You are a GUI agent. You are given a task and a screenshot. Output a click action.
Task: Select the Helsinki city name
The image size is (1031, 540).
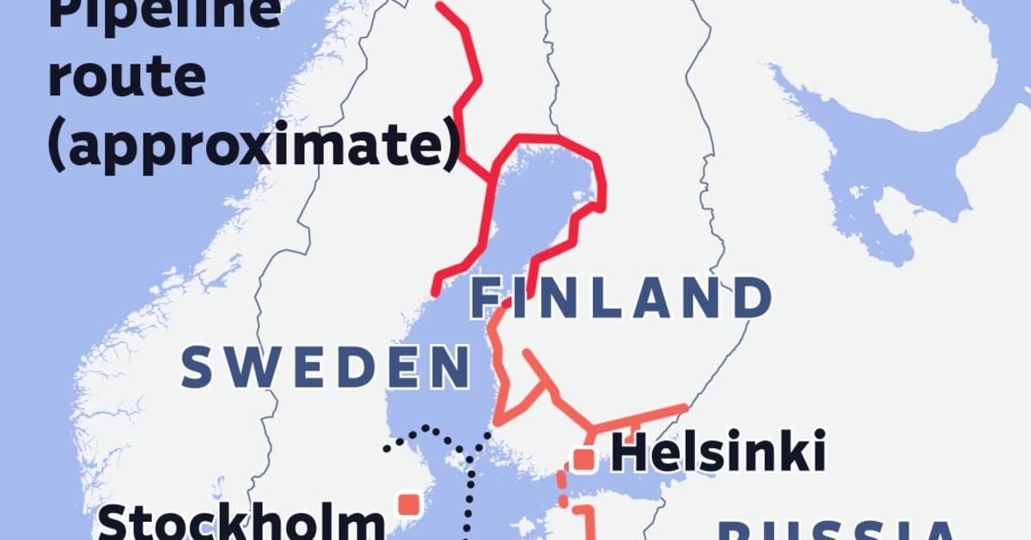pos(717,451)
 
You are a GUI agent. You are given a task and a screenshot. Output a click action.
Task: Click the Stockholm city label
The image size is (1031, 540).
pos(241,522)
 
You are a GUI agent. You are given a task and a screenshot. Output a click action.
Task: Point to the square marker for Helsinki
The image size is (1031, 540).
pos(584,460)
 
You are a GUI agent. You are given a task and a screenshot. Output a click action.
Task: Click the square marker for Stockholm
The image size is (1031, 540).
pos(409,503)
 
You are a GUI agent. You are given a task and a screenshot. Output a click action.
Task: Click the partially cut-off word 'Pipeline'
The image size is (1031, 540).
pos(163,12)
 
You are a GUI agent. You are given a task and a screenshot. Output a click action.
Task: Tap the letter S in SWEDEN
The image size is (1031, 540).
pos(197,367)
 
